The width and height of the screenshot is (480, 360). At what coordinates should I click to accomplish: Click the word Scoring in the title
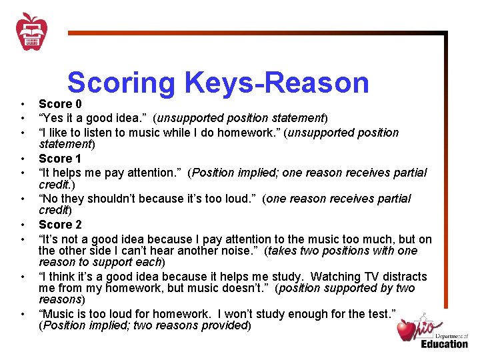coord(121,83)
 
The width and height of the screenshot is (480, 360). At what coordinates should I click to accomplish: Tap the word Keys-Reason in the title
coord(277,83)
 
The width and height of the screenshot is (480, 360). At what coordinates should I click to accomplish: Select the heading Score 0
coord(60,105)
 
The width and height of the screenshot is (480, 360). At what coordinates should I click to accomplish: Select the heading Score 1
coord(60,159)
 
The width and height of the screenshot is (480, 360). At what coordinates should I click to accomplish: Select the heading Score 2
coord(60,225)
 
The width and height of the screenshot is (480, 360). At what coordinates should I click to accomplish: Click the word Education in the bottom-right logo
coord(444,343)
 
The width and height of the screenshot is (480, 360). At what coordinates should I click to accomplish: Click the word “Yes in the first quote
coord(52,118)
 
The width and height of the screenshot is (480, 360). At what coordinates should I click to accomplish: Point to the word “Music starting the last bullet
coord(59,314)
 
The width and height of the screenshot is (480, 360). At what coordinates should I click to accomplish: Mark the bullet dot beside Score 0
coord(22,105)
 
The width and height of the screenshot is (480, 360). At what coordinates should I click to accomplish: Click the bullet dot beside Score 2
coord(22,225)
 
